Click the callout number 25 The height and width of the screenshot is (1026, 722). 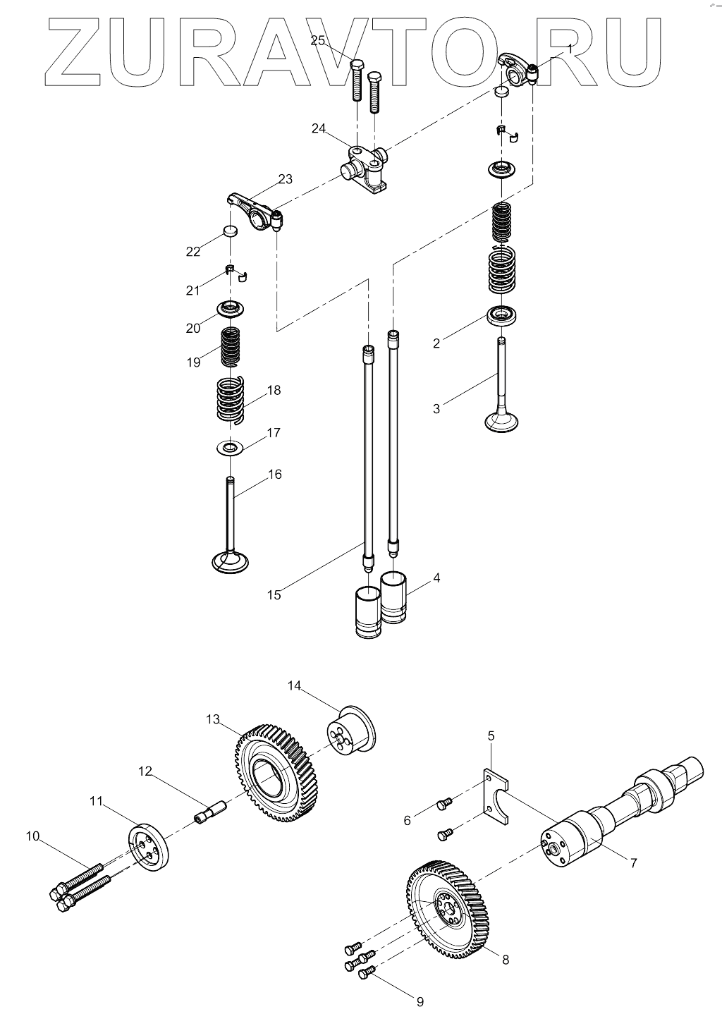coord(318,41)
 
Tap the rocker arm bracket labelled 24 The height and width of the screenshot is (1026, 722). coord(366,169)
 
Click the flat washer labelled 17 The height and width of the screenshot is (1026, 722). coord(229,448)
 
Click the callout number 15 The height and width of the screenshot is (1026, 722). coord(274,594)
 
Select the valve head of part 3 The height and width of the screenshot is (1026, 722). coord(503,420)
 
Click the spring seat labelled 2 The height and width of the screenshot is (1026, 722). coord(503,314)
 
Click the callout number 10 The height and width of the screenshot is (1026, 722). coord(32,837)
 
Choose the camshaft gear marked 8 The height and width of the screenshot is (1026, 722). coord(446,908)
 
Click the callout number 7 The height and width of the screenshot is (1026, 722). coord(633,862)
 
